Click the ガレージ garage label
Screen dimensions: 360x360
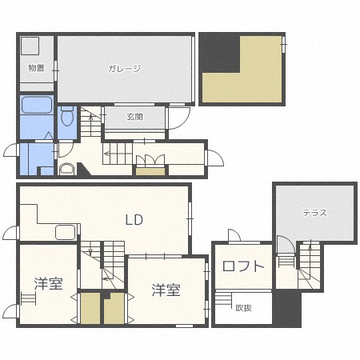(x=124, y=69)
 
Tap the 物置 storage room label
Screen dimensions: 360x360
(x=36, y=69)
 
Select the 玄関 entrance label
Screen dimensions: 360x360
(x=134, y=117)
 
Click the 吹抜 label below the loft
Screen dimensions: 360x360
(x=243, y=307)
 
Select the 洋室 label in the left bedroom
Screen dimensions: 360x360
(x=48, y=284)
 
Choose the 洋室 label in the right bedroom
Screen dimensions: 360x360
(x=166, y=290)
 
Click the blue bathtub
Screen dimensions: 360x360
(x=37, y=106)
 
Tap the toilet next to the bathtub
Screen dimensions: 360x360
(x=66, y=118)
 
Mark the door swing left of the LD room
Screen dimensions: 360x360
(x=11, y=233)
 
